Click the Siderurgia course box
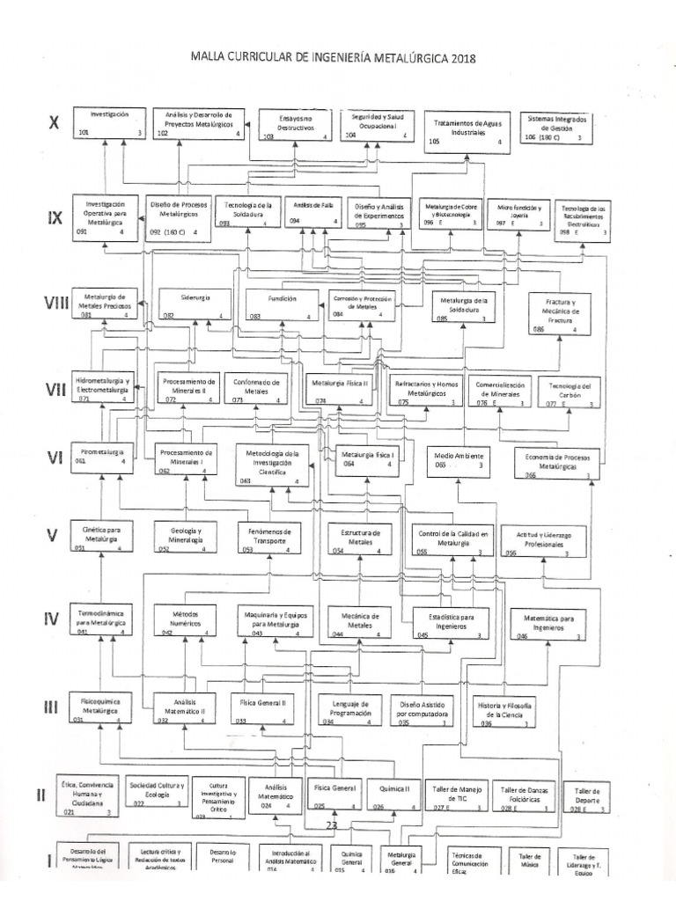193,303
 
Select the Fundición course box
281,303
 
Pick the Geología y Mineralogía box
184,538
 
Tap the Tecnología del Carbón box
569,392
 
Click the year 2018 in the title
461,59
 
